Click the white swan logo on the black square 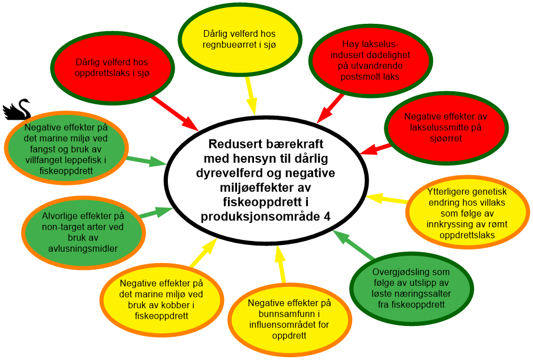(17, 109)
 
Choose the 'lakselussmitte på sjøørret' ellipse (445, 127)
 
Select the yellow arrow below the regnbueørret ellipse (250, 95)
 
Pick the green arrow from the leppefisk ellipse (147, 161)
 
